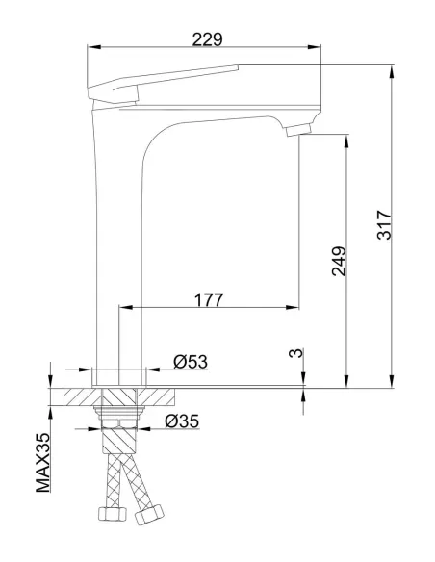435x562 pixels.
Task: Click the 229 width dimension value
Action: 206,39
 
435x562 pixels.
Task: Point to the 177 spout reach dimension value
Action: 208,299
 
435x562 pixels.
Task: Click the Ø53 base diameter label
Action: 191,362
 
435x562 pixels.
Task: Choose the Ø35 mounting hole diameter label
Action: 181,421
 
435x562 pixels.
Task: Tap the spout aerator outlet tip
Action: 298,131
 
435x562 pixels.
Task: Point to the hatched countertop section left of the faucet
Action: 83,396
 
